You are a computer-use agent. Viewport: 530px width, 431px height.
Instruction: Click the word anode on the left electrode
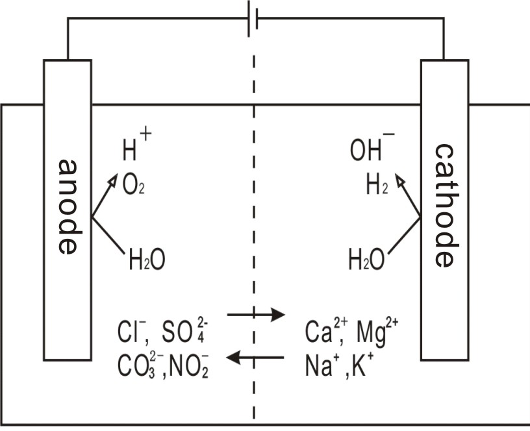[68, 206]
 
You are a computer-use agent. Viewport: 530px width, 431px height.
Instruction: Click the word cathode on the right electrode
[444, 206]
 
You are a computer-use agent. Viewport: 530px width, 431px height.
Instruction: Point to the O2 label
[134, 186]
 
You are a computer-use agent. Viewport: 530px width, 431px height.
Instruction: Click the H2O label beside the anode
[147, 261]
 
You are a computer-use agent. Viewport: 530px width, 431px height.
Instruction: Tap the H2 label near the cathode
[377, 186]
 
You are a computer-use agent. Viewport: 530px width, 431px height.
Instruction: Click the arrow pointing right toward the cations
[257, 315]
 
